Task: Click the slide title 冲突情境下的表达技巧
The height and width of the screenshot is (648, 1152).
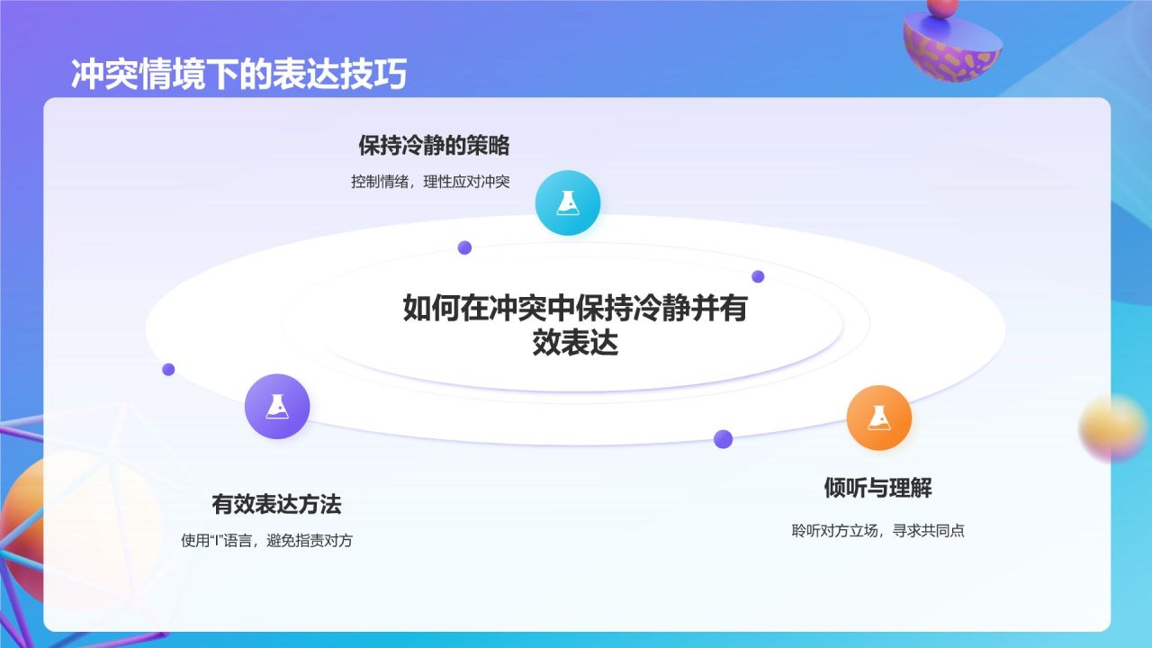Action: tap(239, 75)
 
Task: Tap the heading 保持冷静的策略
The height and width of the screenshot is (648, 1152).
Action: tap(434, 146)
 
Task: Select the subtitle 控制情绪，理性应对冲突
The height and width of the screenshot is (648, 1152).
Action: tap(430, 182)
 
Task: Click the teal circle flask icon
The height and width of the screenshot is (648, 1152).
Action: tap(568, 203)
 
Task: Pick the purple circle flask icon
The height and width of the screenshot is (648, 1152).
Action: tap(277, 406)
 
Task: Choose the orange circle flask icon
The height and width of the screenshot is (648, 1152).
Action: tap(879, 418)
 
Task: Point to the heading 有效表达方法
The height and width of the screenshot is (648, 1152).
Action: tap(276, 504)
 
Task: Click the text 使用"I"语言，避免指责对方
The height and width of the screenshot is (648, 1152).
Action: tap(267, 541)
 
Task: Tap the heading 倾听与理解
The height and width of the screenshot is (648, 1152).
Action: tap(877, 488)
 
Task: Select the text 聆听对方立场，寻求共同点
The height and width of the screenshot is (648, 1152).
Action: tap(877, 530)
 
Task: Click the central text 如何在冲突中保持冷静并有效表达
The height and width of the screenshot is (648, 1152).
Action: tap(575, 325)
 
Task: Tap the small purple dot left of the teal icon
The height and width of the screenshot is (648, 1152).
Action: tap(464, 247)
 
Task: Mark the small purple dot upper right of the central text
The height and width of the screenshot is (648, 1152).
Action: tap(758, 276)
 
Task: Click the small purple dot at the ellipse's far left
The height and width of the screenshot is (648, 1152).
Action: tap(168, 369)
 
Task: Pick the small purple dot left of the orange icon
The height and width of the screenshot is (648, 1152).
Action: tap(723, 439)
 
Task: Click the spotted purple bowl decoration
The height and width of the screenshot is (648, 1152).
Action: tap(952, 49)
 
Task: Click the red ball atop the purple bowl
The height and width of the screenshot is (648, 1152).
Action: tap(942, 8)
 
